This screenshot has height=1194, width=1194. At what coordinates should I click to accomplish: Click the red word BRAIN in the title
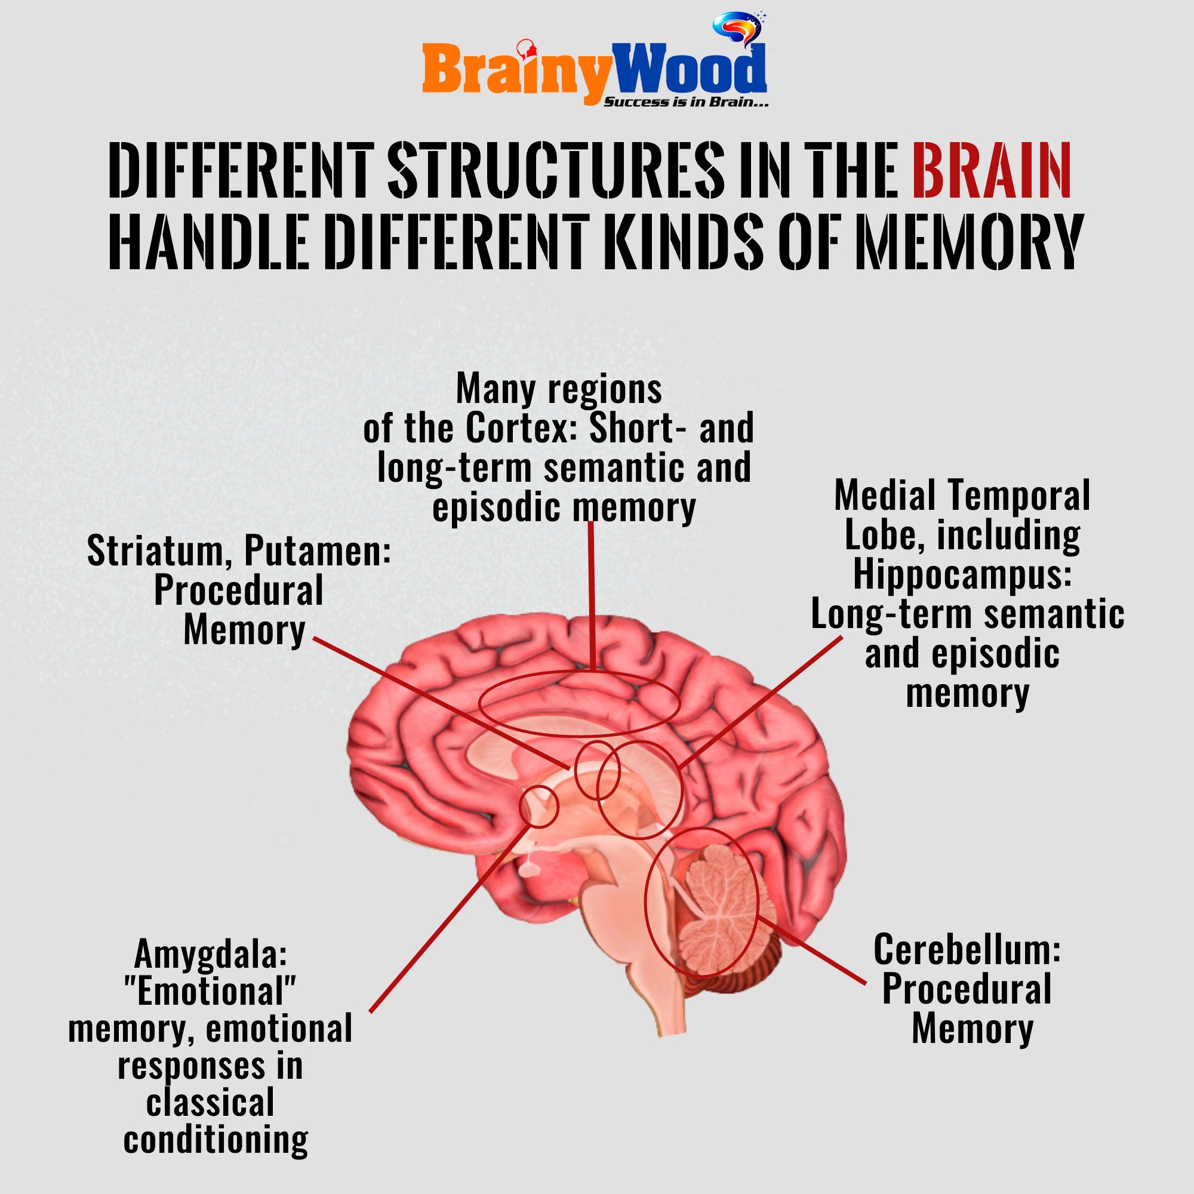click(990, 171)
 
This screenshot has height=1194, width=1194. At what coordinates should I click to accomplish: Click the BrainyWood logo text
click(593, 71)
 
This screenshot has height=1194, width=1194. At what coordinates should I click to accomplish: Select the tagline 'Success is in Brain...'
click(685, 103)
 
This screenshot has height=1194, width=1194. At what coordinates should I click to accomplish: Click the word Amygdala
click(210, 953)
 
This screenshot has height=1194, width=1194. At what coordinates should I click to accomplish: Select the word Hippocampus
click(962, 574)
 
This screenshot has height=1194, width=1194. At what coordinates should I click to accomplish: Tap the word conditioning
click(216, 1139)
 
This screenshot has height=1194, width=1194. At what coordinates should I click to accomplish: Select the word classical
click(210, 1103)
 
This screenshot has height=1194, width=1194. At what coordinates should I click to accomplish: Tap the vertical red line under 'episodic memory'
click(592, 593)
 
